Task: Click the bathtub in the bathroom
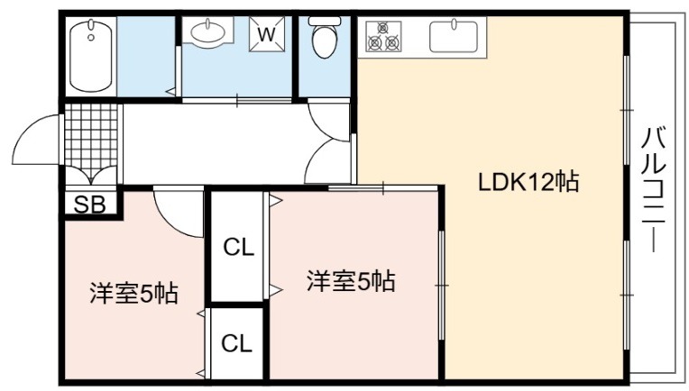click(91, 55)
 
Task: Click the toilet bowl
click(325, 41)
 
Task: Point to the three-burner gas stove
click(383, 35)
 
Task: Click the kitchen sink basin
click(454, 36)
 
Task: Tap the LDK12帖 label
click(528, 182)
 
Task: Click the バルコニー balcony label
click(654, 188)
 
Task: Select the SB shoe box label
click(89, 204)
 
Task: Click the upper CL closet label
click(239, 248)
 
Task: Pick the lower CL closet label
click(237, 343)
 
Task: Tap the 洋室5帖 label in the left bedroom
click(134, 293)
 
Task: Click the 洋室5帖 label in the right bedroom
click(351, 281)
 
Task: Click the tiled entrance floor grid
click(91, 140)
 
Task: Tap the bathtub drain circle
click(91, 38)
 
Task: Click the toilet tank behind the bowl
click(325, 21)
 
